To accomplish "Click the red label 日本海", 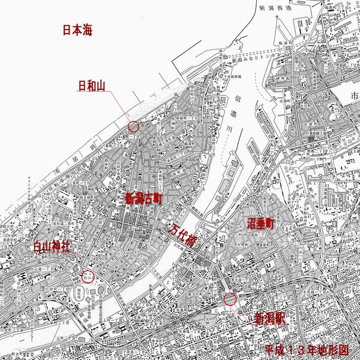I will [x=80, y=29].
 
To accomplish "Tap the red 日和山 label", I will [x=92, y=86].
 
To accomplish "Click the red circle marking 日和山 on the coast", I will [x=133, y=127].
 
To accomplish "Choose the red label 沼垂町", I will [x=260, y=224].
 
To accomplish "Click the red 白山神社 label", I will [x=52, y=247].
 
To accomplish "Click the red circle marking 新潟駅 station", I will [x=229, y=299].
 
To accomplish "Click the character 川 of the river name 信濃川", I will [x=223, y=136].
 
